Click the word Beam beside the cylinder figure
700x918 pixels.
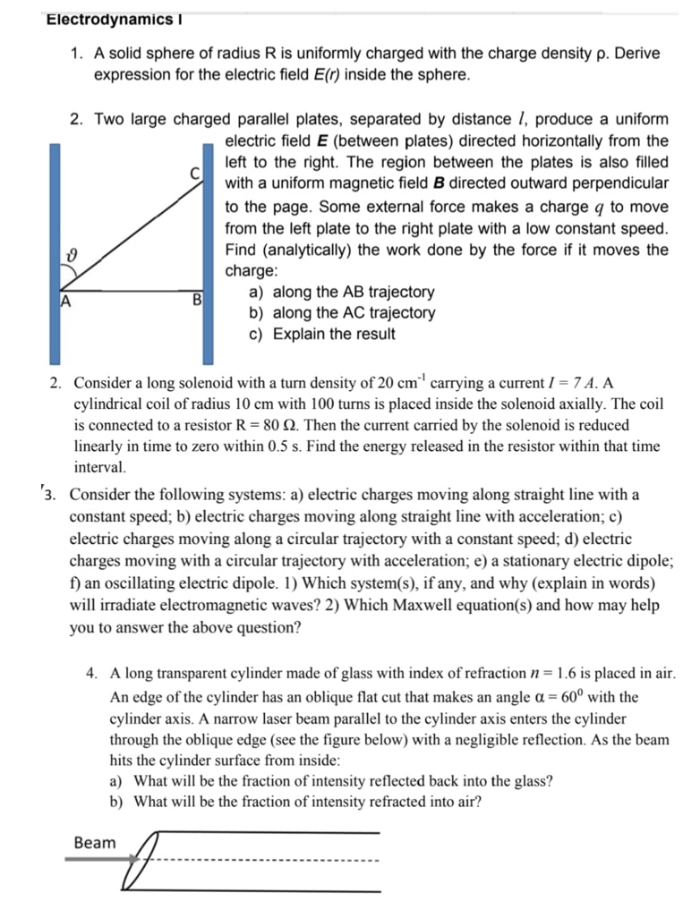click(x=94, y=843)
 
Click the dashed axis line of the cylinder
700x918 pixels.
click(x=269, y=862)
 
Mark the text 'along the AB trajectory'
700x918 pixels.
click(x=353, y=292)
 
